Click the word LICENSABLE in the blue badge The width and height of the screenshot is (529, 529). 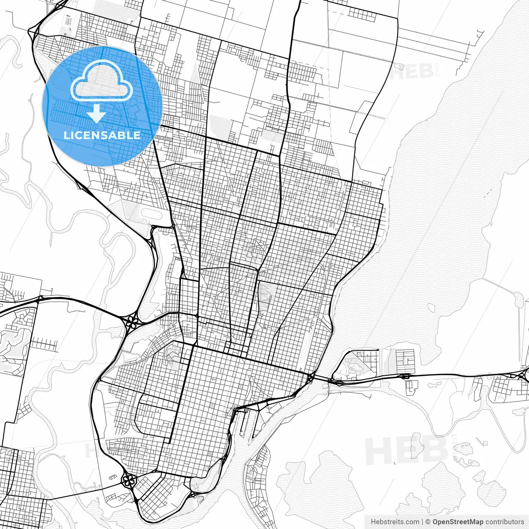(102, 135)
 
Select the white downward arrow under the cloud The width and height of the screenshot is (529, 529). (97, 114)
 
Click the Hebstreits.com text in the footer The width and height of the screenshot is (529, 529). (395, 522)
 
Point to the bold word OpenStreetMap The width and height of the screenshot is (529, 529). (458, 522)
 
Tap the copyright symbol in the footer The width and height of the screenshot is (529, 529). (428, 522)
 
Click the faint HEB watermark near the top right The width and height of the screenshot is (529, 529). (413, 71)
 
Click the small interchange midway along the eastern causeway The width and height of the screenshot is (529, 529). (405, 376)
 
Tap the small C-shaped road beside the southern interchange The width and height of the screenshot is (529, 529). (112, 477)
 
